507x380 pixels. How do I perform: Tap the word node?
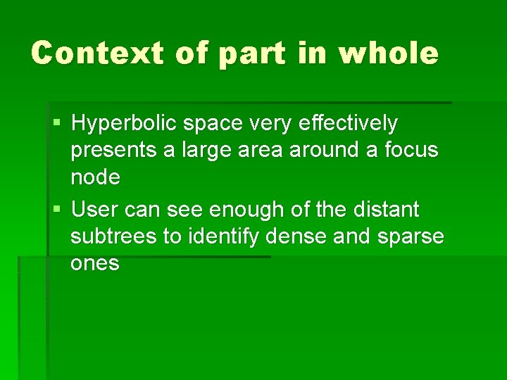pyautogui.click(x=95, y=177)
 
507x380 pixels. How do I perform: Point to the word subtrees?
pyautogui.click(x=114, y=236)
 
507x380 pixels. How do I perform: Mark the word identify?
pyautogui.click(x=223, y=236)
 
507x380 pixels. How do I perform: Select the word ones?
pyautogui.click(x=95, y=264)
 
